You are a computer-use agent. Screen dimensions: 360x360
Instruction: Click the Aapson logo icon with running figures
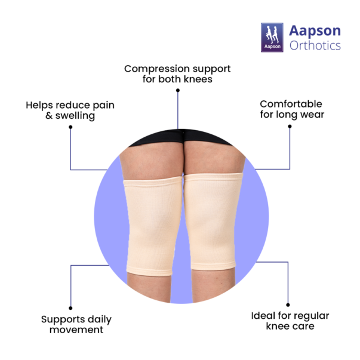point(272,38)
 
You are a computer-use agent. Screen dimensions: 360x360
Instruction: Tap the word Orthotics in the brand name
point(315,45)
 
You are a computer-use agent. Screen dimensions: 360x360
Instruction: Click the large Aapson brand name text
point(315,31)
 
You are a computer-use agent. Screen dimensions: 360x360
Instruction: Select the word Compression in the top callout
point(157,69)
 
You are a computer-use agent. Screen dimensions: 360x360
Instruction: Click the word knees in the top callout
point(198,79)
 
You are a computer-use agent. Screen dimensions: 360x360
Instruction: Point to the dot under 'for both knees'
point(178,91)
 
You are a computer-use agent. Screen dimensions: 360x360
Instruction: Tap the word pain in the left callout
point(103,106)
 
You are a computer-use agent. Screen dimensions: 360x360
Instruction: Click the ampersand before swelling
point(49,115)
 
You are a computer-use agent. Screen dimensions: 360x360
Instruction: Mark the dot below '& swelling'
point(70,127)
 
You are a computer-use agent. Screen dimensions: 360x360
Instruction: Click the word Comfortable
point(291,104)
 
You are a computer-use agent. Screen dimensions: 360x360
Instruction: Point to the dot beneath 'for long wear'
point(290,127)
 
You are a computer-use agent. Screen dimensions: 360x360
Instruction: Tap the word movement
point(76,330)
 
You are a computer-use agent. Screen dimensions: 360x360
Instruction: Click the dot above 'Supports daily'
point(70,308)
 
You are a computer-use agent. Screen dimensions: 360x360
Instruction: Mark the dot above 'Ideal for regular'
point(288,305)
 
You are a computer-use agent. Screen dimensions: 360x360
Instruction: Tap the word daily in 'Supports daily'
point(100,320)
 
